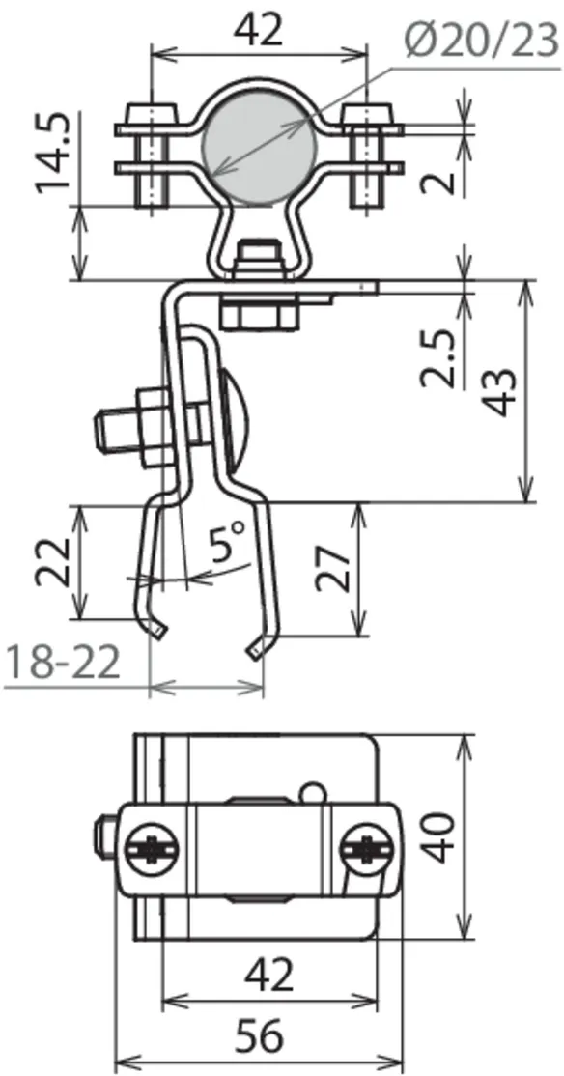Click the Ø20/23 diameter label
click(482, 41)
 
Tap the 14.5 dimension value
click(54, 152)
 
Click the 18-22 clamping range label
click(62, 663)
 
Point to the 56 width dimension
click(259, 1037)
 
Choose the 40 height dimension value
click(439, 836)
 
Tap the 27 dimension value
click(333, 569)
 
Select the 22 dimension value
click(53, 562)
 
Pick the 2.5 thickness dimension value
click(439, 357)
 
